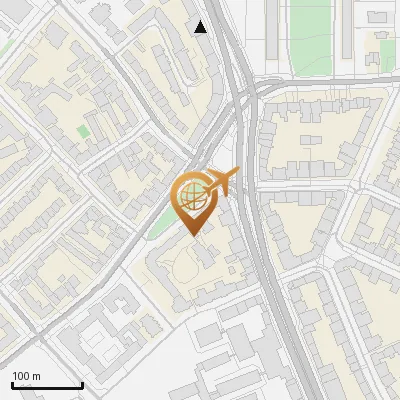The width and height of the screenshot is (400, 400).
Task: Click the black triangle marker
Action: (x=201, y=27)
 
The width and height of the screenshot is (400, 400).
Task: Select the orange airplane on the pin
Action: (x=219, y=182)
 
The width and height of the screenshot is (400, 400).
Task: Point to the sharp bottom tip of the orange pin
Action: (x=194, y=235)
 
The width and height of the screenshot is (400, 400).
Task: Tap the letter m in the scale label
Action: (x=37, y=376)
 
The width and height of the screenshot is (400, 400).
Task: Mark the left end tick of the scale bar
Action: (x=12, y=385)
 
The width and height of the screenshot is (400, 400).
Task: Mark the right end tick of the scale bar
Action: (x=82, y=385)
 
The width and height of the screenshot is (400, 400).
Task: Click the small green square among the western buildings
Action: (x=82, y=131)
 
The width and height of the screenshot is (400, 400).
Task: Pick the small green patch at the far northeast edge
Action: (x=386, y=56)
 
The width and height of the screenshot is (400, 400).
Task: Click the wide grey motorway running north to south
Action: (x=262, y=230)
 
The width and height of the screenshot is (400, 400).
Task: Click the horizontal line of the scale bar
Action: (x=47, y=386)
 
